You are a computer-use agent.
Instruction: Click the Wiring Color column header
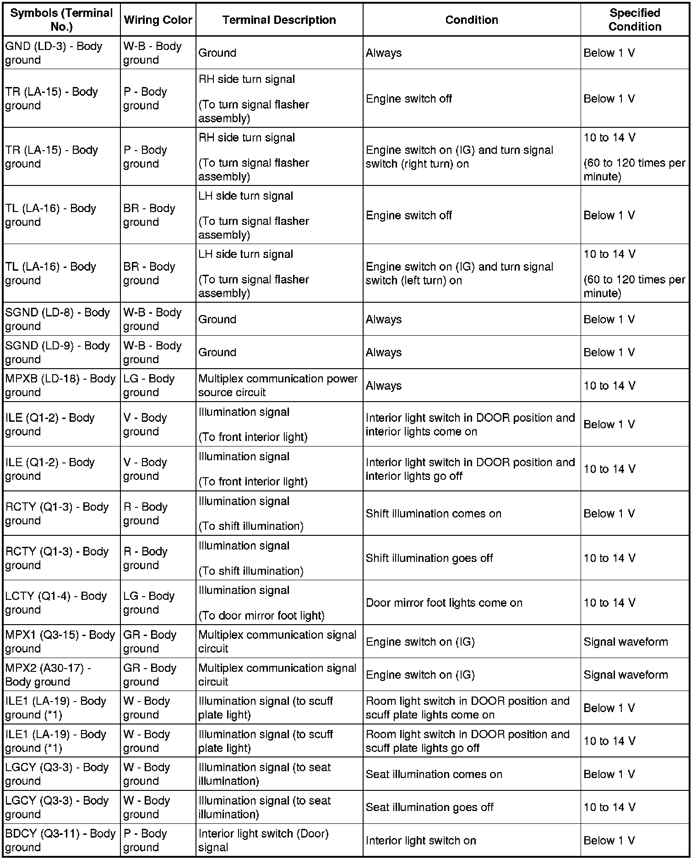pos(158,20)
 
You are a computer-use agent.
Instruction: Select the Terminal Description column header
pos(279,20)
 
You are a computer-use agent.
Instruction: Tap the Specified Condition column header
pos(635,20)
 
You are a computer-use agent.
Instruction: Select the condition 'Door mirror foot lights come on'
pos(444,602)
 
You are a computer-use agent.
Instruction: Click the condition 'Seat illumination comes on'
pos(434,774)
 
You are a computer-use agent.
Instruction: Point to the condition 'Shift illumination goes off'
pos(429,558)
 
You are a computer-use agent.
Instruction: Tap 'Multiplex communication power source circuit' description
pos(278,385)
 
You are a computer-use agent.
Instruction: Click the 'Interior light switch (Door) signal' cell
pos(263,840)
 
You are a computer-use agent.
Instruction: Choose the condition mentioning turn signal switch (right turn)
pos(459,157)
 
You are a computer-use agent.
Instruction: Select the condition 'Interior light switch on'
pos(421,840)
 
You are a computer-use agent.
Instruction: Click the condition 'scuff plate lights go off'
pos(468,740)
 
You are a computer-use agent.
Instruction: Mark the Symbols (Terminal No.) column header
pos(61,20)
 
